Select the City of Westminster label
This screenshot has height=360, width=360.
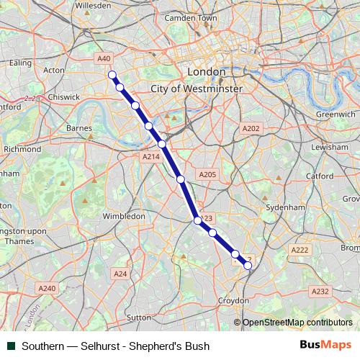tap(197, 88)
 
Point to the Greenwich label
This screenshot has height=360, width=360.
tap(336, 114)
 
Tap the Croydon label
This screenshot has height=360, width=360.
tap(234, 300)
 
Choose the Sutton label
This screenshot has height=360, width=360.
tap(138, 316)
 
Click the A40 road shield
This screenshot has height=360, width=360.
tap(104, 58)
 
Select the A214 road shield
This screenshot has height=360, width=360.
tap(150, 156)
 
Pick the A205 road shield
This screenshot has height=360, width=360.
tap(207, 174)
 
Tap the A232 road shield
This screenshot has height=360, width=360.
tap(320, 291)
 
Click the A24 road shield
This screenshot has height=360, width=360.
tap(120, 274)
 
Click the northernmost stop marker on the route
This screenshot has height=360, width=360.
tap(112, 75)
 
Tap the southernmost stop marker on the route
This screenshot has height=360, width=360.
tap(248, 266)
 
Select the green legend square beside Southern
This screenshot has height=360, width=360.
tap(11, 346)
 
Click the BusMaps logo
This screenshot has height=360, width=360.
tap(325, 346)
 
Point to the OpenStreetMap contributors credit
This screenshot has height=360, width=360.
tap(297, 323)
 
